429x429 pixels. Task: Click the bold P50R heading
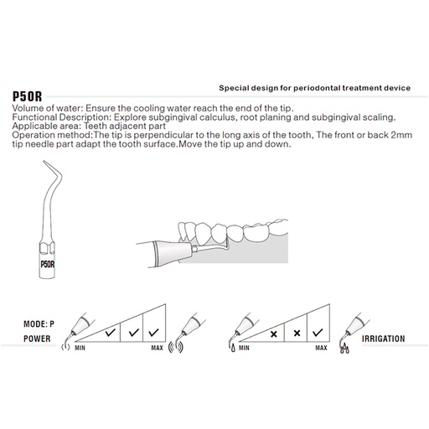point(27,96)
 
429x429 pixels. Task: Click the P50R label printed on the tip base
point(48,264)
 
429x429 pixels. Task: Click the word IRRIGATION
point(383,339)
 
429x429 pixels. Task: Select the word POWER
point(37,339)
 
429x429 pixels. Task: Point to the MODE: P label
point(39,324)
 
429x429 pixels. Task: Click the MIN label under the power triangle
point(80,348)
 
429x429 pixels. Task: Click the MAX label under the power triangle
point(157,348)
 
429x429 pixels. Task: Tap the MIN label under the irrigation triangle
point(244,348)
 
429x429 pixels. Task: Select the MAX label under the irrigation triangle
point(321,348)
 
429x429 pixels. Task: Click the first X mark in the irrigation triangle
point(274,333)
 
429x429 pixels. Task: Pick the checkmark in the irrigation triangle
point(318,333)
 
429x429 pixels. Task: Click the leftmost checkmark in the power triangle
point(111,333)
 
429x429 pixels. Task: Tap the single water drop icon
point(233,348)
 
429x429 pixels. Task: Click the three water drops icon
point(344,349)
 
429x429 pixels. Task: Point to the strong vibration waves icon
point(176,347)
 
